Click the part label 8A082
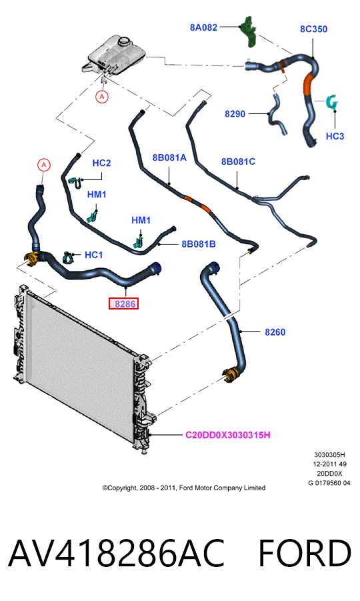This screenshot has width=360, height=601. pos(203,27)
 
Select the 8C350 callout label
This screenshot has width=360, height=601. pos(313,29)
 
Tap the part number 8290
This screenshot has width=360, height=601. pos(235,114)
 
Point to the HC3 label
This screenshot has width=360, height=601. pos(335,136)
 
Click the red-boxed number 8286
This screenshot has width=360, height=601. pos(124,304)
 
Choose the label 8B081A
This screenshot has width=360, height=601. pos(169,157)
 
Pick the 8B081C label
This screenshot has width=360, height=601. pos(238,161)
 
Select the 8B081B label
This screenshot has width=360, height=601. pos(199,243)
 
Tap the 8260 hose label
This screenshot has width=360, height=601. pos(275,332)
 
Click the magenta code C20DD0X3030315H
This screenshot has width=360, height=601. pos(228,435)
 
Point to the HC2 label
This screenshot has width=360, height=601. pos(101,163)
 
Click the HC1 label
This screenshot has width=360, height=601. pos(93,255)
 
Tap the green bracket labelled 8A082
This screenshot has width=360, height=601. pos(249,31)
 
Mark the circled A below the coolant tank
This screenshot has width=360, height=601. pos(102,97)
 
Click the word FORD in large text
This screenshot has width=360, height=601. pos(305,553)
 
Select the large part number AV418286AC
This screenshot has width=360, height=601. pos(116,553)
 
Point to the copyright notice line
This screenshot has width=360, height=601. pos(184,488)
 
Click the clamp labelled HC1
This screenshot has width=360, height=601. pos(68,257)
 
